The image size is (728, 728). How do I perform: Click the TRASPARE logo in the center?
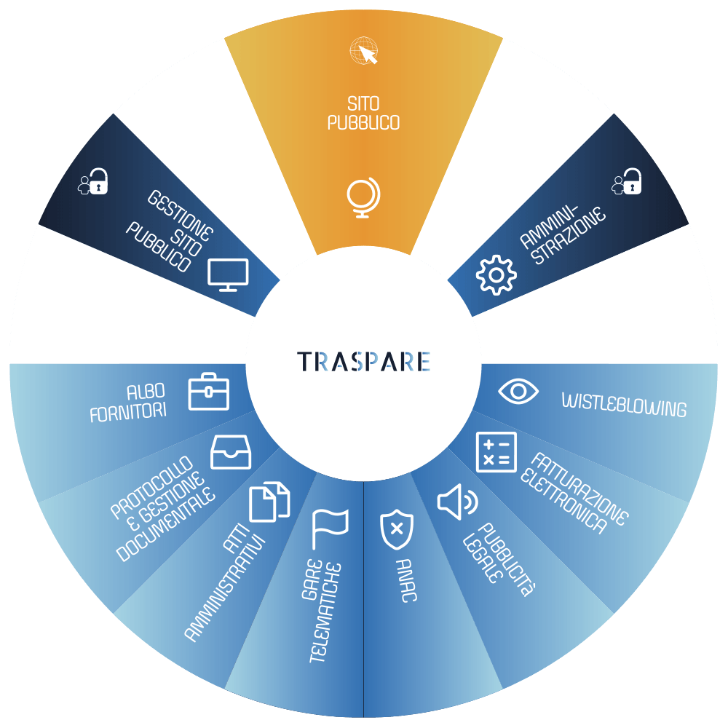click(363, 362)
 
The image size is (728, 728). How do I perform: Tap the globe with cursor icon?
click(363, 51)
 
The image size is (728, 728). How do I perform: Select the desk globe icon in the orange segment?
click(363, 197)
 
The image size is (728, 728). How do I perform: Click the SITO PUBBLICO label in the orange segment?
click(363, 113)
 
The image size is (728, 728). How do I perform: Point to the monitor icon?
click(228, 275)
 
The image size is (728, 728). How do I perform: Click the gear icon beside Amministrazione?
click(496, 275)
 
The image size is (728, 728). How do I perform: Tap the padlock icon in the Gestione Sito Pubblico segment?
click(93, 181)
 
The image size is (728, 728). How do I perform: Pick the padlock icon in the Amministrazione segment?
click(627, 181)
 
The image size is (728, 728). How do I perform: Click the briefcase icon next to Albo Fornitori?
click(208, 392)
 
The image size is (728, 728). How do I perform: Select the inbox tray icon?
click(231, 452)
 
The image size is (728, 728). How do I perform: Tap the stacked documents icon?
click(269, 502)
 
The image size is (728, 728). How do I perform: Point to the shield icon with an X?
click(397, 529)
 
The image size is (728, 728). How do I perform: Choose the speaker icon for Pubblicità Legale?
click(457, 502)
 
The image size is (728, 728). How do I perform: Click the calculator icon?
click(496, 452)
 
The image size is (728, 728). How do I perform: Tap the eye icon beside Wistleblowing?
click(518, 392)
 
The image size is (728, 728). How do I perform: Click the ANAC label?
click(405, 580)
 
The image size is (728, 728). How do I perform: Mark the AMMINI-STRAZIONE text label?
click(562, 234)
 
